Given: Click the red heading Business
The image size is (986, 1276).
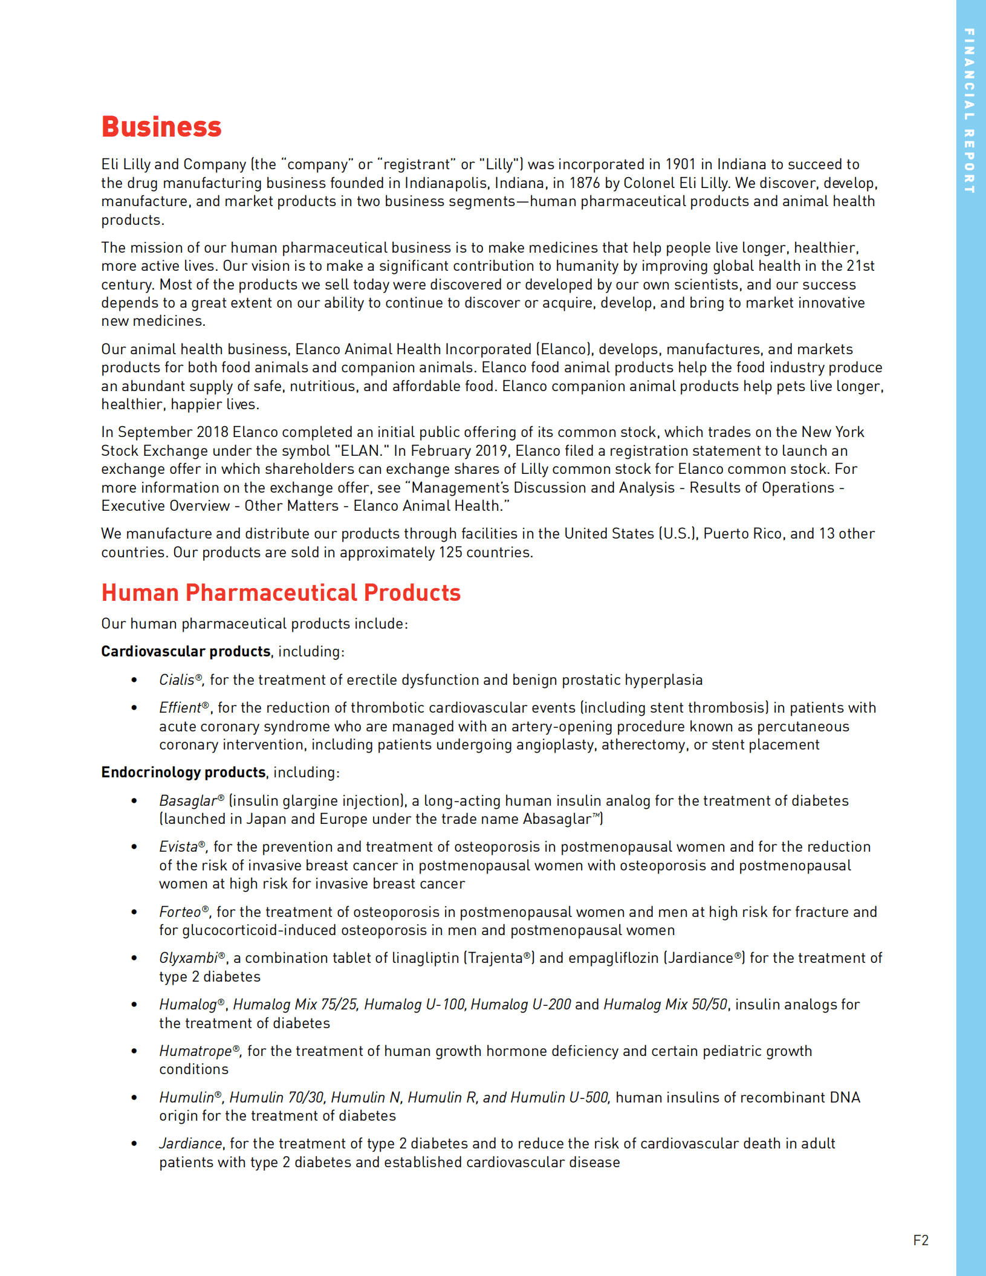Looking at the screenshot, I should (161, 127).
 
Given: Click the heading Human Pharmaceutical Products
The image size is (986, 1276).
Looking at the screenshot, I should (281, 592).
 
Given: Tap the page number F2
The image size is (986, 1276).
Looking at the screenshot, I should (920, 1240).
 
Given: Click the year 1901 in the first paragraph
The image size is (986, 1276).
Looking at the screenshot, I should (681, 164).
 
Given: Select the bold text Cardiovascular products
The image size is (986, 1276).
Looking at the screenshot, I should (186, 652).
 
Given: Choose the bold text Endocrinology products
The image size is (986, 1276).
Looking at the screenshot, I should (183, 772).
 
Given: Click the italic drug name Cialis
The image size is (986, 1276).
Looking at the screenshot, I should (177, 680).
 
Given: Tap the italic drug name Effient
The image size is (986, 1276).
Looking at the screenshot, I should (180, 708).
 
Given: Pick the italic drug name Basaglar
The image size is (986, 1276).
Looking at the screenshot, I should (187, 801).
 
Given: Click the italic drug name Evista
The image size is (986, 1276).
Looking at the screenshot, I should (178, 847).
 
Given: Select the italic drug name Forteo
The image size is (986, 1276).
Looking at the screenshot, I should (180, 912).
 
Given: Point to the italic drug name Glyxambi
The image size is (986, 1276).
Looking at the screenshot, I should (188, 958).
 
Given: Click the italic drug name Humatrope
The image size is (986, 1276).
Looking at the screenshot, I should (195, 1051).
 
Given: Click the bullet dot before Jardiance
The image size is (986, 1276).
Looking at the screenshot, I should (134, 1144).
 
